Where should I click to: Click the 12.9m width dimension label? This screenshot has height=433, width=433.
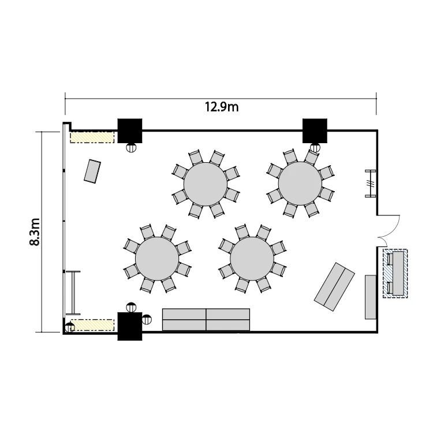pyautogui.click(x=222, y=107)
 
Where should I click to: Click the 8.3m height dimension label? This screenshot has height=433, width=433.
pyautogui.click(x=35, y=232)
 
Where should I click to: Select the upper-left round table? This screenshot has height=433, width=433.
pyautogui.click(x=206, y=184)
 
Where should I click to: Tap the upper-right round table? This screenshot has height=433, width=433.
pyautogui.click(x=300, y=184)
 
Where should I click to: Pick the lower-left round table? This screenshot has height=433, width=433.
pyautogui.click(x=157, y=259)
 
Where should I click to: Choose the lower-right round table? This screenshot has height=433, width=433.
pyautogui.click(x=252, y=259)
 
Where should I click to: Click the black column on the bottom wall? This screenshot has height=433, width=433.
pyautogui.click(x=130, y=326)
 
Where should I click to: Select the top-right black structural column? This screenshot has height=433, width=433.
pyautogui.click(x=315, y=131)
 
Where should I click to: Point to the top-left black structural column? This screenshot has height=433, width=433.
pyautogui.click(x=130, y=131)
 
